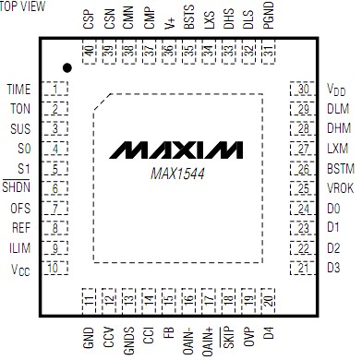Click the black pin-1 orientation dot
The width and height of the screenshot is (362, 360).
pyautogui.click(x=67, y=67)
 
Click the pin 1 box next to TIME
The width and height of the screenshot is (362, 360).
pyautogui.click(x=57, y=90)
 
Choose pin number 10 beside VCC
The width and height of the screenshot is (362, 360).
pyautogui.click(x=57, y=268)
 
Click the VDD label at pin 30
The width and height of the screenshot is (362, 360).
pyautogui.click(x=334, y=90)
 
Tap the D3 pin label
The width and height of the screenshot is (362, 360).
pyautogui.click(x=333, y=268)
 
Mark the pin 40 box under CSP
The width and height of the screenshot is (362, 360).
pyautogui.click(x=89, y=54)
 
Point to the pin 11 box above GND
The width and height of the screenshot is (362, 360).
pyautogui.click(x=89, y=300)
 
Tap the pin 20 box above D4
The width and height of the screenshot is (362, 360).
pyautogui.click(x=268, y=300)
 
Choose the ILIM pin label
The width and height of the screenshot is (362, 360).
pyautogui.click(x=20, y=247)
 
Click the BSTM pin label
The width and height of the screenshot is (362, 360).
pyautogui.click(x=338, y=169)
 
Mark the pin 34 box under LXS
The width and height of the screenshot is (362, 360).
pyautogui.click(x=209, y=54)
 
